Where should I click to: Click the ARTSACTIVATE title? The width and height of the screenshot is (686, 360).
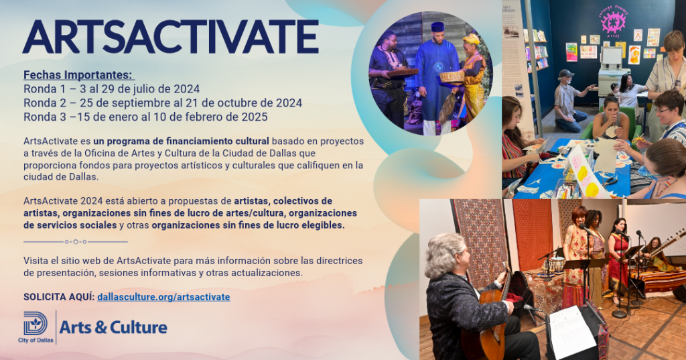(x=171, y=37)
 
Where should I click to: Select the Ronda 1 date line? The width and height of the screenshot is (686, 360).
(x=112, y=89)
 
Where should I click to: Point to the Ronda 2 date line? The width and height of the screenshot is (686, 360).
(x=163, y=103)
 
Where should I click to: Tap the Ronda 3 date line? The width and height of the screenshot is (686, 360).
(x=145, y=117)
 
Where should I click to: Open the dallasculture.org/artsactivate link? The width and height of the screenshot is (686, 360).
(x=163, y=297)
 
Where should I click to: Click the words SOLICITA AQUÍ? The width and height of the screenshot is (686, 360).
(x=59, y=297)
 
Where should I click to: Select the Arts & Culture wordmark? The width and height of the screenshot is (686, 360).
(x=113, y=327)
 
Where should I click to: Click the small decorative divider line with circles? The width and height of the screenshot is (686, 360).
(x=76, y=242)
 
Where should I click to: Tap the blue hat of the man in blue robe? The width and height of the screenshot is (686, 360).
(x=437, y=27)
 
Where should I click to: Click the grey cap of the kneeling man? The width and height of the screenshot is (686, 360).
(x=565, y=73)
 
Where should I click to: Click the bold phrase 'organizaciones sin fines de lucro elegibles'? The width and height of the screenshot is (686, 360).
(x=248, y=225)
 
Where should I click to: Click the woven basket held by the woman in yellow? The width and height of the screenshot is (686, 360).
(x=452, y=76)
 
